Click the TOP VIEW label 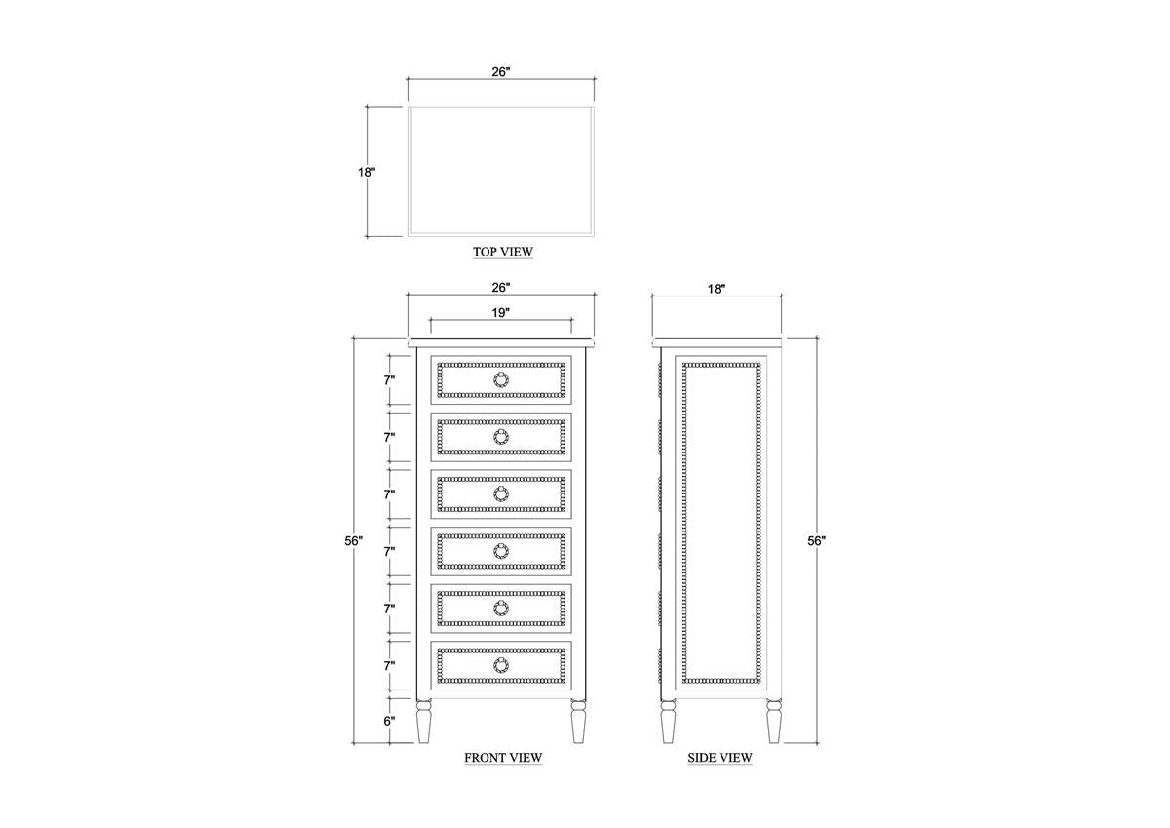[x=502, y=252]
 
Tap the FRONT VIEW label [x=503, y=757]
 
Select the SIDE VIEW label [x=720, y=757]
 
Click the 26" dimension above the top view [x=500, y=71]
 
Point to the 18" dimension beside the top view [x=367, y=172]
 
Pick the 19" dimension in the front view [x=500, y=312]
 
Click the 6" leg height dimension [x=389, y=721]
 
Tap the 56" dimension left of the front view [x=353, y=540]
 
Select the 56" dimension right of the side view [x=816, y=540]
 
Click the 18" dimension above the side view [x=717, y=289]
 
